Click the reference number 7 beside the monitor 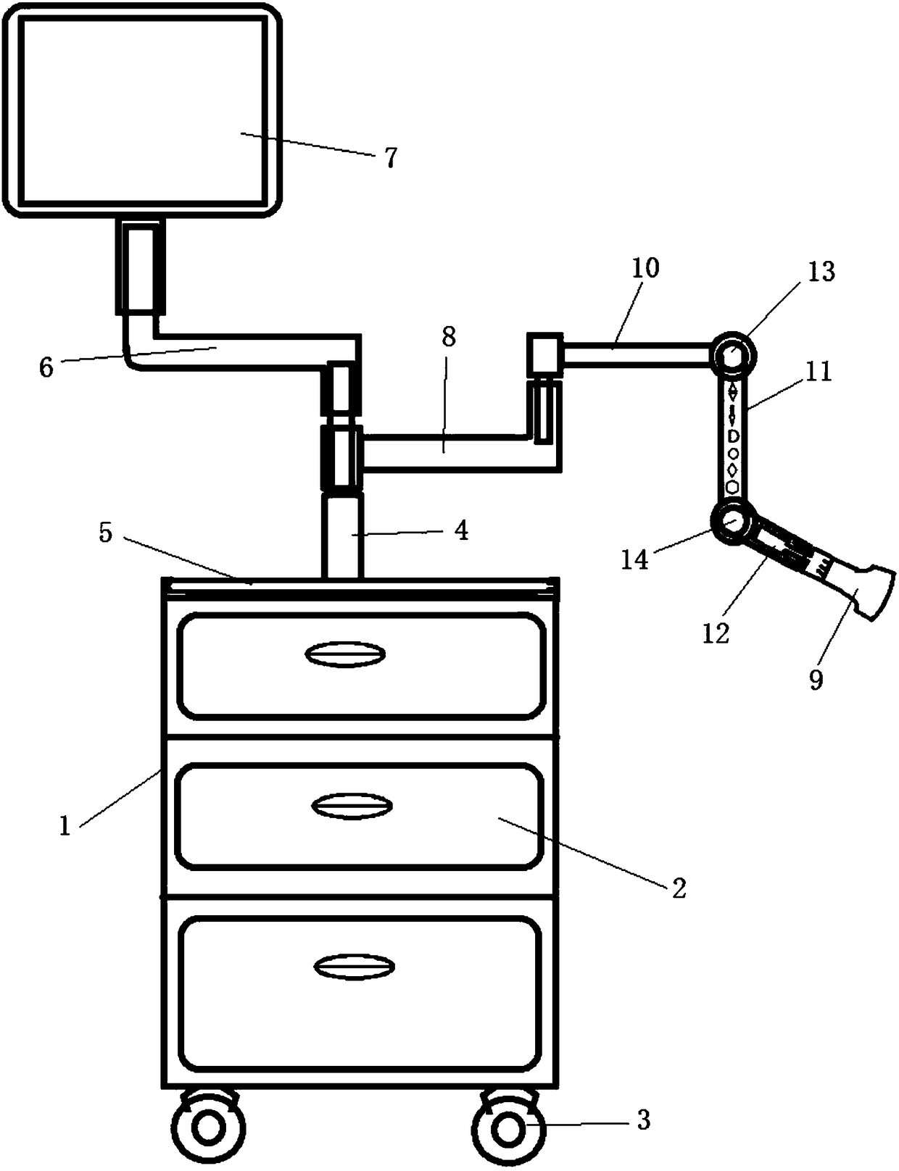coord(391,157)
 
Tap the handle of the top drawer coord(344,654)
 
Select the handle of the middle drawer coord(352,806)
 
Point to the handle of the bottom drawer coord(355,967)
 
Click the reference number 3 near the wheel coord(643,1120)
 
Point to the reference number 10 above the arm coord(645,268)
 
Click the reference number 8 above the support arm coord(449,337)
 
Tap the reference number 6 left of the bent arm coord(46,367)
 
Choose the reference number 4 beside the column coord(461,531)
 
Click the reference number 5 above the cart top coord(106,533)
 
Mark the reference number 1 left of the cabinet coord(65,825)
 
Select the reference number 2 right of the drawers coord(679,888)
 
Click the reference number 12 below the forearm coord(715,633)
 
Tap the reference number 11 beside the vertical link coord(819,372)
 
